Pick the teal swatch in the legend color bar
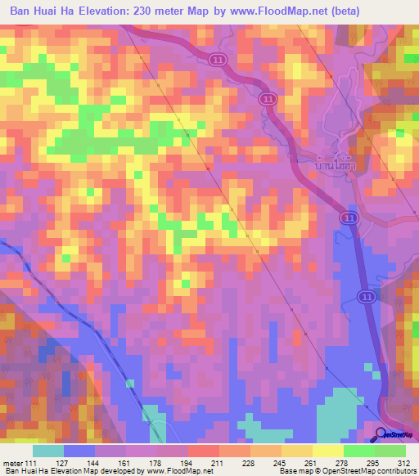point(48,451)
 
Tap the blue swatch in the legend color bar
point(79,451)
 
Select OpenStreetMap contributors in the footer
point(369,472)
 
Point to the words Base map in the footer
point(293,472)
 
